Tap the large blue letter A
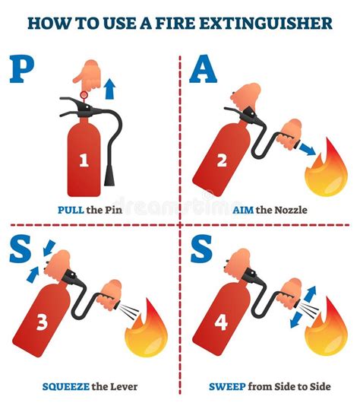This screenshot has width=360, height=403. (x=203, y=69)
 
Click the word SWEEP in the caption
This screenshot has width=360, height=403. (x=229, y=387)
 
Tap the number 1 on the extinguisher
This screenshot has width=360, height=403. (x=85, y=160)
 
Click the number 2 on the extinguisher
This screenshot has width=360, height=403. (x=221, y=160)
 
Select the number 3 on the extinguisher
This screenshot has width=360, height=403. (x=43, y=322)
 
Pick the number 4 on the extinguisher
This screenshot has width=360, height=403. (x=221, y=322)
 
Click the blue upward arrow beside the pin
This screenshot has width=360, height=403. (x=109, y=88)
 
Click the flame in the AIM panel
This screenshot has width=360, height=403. (x=327, y=172)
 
